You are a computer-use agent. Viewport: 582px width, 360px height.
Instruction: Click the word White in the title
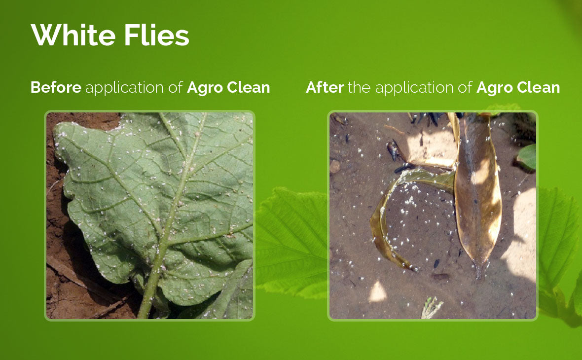click(73, 35)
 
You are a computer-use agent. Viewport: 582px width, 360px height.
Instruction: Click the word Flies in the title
click(157, 35)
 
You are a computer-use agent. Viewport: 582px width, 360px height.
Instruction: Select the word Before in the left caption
click(56, 88)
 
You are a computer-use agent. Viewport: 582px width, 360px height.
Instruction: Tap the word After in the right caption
click(325, 88)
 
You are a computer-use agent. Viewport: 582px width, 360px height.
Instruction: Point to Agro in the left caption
click(205, 88)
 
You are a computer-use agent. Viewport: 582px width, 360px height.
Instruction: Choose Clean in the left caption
click(248, 88)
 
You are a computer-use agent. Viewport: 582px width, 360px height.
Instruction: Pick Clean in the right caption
click(538, 88)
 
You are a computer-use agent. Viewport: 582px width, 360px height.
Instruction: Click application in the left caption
click(124, 88)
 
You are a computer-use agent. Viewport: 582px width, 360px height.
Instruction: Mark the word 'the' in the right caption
click(359, 88)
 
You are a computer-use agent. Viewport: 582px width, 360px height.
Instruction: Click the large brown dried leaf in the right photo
click(477, 193)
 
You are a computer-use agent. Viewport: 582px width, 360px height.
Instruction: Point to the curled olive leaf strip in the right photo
click(382, 223)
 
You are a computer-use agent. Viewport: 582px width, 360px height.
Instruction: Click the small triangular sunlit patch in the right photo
click(377, 292)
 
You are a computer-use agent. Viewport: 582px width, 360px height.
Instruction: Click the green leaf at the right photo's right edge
click(526, 157)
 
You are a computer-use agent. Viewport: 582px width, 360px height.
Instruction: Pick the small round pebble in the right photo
click(335, 166)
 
